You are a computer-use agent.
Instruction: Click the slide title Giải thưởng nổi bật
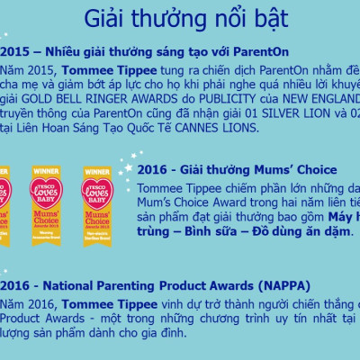(186, 19)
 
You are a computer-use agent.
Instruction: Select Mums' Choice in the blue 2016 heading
(296, 170)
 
